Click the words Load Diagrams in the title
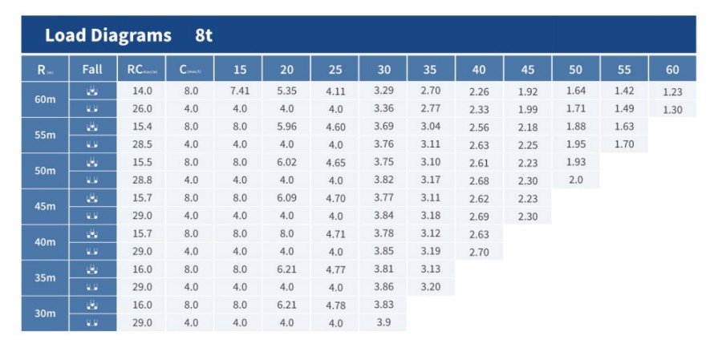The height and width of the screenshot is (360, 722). coord(108,35)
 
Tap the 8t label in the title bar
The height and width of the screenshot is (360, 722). coord(204,35)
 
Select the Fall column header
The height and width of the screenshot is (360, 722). coord(92,69)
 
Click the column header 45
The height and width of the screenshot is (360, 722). coord(527,70)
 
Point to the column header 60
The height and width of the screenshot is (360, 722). coord(672,70)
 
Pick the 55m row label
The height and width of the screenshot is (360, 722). coord(46,136)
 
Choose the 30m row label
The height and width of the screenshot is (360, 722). coord(46,313)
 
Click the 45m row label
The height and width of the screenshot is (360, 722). coord(46,206)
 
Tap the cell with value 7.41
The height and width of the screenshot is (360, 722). coord(239,91)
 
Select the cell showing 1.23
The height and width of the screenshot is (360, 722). coord(672,92)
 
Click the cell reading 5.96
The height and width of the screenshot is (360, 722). coord(286,127)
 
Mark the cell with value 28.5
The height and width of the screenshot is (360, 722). coord(141,144)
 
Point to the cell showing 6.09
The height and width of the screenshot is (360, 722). coord(286,197)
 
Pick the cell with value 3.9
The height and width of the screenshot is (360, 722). coord(383,322)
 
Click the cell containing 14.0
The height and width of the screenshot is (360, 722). coord(141,91)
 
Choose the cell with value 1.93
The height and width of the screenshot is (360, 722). coord(575,162)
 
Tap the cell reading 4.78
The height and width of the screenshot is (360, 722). coord(335,305)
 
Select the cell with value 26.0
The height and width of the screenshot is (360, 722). coord(141,109)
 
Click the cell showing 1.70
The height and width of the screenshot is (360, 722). coord(623,144)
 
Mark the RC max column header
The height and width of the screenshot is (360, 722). coord(141,70)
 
